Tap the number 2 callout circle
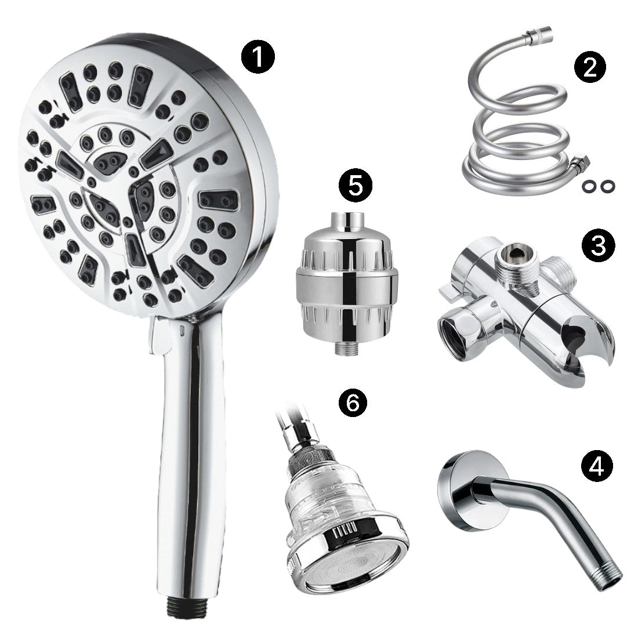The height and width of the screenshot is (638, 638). [590, 67]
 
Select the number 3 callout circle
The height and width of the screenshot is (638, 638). [598, 245]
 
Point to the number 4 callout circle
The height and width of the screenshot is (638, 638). [597, 465]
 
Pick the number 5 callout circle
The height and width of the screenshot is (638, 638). [356, 186]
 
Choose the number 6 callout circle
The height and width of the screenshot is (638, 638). [353, 403]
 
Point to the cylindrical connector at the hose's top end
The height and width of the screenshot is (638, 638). [538, 35]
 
